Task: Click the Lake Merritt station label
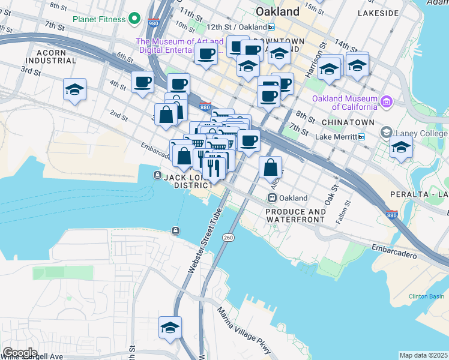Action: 336,137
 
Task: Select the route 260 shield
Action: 228,238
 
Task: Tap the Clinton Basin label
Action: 426,296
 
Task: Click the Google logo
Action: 19,352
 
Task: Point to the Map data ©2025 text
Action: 423,355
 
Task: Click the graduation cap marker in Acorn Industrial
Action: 75,91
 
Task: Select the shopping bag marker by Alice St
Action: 271,168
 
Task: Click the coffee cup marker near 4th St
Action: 143,82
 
